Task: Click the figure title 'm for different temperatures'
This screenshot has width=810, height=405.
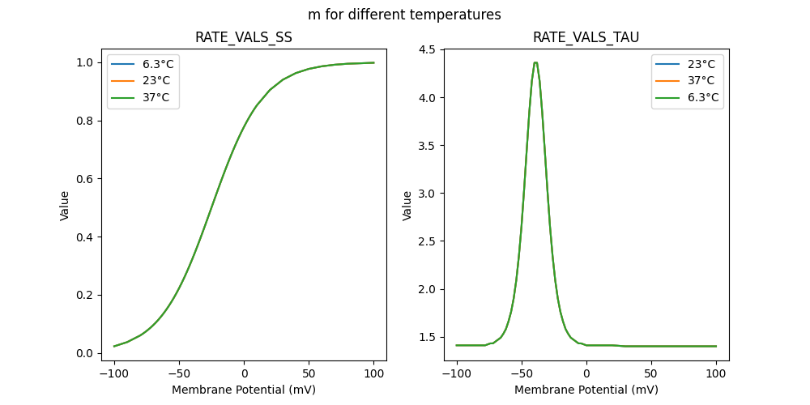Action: (x=404, y=15)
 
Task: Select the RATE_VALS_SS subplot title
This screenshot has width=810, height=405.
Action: (x=244, y=38)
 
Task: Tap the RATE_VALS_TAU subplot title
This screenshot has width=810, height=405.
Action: (x=586, y=38)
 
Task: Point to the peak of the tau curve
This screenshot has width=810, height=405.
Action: (x=535, y=62)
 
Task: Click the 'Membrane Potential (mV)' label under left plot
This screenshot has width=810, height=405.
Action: (x=244, y=390)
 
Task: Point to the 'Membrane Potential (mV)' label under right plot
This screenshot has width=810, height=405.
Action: (x=586, y=390)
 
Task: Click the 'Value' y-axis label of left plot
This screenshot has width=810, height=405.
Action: (x=64, y=206)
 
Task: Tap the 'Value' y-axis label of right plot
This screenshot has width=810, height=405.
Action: (x=407, y=206)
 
